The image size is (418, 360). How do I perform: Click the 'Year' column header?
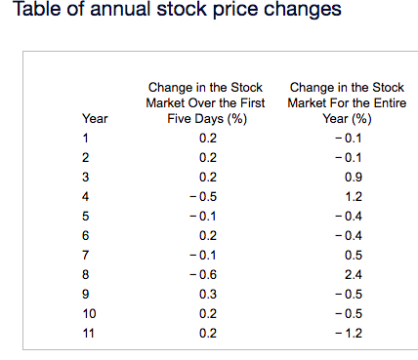click(x=96, y=118)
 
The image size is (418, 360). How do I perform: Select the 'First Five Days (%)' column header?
click(x=206, y=102)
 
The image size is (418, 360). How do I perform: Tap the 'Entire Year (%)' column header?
click(x=347, y=102)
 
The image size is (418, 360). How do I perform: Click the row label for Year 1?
click(x=86, y=138)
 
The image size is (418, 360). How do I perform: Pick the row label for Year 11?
click(x=89, y=333)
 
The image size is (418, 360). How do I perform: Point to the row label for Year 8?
click(x=86, y=274)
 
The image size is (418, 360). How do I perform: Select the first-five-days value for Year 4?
click(x=206, y=196)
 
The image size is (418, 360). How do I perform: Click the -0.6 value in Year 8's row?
click(x=206, y=274)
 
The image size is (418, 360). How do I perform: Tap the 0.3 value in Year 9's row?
click(x=207, y=294)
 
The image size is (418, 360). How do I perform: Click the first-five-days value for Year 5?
click(x=206, y=216)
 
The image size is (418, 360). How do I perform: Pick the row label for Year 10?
click(x=89, y=313)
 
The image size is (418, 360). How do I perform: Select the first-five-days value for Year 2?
click(x=207, y=157)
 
